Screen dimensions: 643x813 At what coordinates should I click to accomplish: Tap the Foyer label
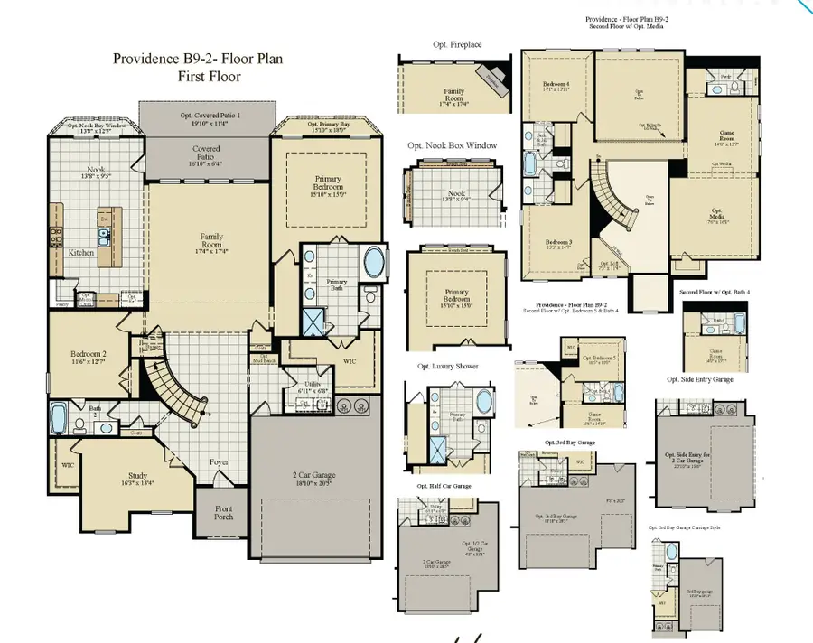click(x=220, y=462)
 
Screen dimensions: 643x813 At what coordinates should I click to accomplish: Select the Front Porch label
click(x=223, y=511)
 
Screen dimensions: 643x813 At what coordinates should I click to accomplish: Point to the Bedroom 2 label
click(x=90, y=357)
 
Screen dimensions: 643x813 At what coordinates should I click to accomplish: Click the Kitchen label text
click(x=81, y=253)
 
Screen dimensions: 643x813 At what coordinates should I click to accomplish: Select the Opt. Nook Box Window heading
click(x=452, y=145)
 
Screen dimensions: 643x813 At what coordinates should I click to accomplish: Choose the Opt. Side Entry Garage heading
click(x=700, y=380)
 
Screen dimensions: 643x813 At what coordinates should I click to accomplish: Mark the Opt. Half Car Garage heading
click(x=444, y=486)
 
